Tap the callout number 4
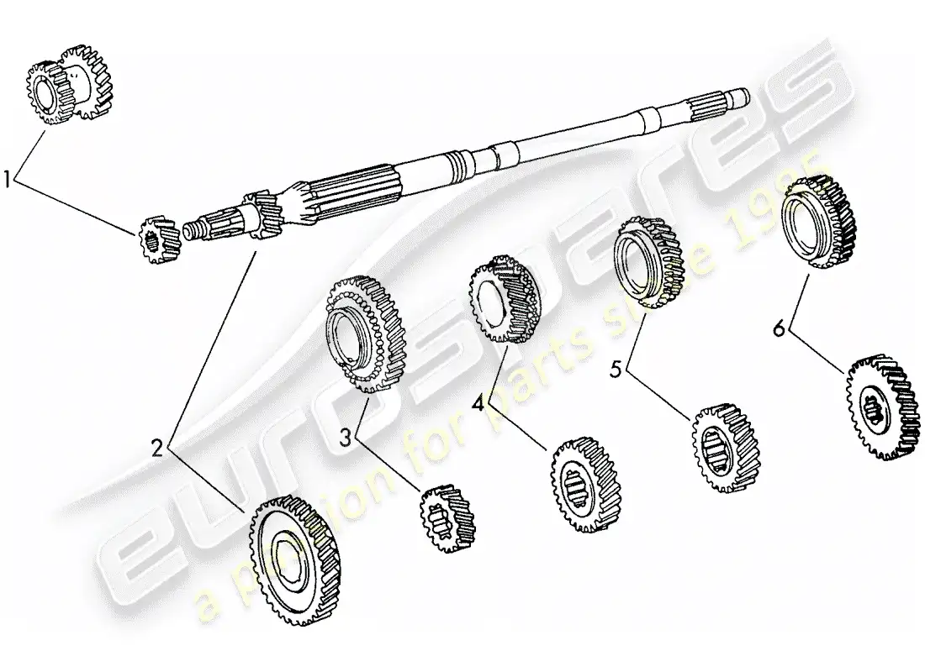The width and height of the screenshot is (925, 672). pyautogui.click(x=477, y=403)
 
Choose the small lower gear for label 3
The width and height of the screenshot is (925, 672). pyautogui.click(x=447, y=518)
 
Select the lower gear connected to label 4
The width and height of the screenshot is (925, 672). pyautogui.click(x=585, y=484)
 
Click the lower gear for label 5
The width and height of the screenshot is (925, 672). pyautogui.click(x=722, y=447)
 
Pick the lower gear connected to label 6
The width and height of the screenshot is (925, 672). pyautogui.click(x=882, y=407)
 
